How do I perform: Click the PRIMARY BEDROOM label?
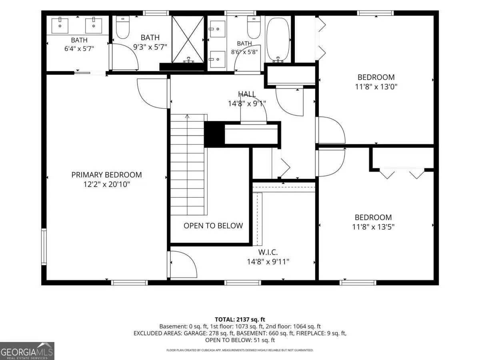pyautogui.click(x=106, y=175)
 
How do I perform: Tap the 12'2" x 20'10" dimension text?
pyautogui.click(x=106, y=184)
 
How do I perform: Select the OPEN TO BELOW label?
pyautogui.click(x=213, y=226)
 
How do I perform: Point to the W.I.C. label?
pyautogui.click(x=268, y=252)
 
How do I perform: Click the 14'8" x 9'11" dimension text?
pyautogui.click(x=268, y=262)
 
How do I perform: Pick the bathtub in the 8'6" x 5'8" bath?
pyautogui.click(x=278, y=40)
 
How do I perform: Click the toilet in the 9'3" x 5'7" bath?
pyautogui.click(x=123, y=28)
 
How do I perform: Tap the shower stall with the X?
pyautogui.click(x=188, y=39)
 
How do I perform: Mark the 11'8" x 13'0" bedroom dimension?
pyautogui.click(x=376, y=87)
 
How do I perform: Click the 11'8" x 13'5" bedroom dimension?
pyautogui.click(x=373, y=227)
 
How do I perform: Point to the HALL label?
pyautogui.click(x=247, y=94)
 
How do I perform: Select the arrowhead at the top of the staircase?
pyautogui.click(x=187, y=116)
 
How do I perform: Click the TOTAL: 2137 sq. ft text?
pyautogui.click(x=240, y=320)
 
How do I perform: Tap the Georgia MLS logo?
pyautogui.click(x=27, y=351)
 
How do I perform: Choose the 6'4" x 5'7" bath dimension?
pyautogui.click(x=79, y=48)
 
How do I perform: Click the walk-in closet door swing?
pyautogui.click(x=183, y=264)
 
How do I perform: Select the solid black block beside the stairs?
pyautogui.click(x=214, y=134)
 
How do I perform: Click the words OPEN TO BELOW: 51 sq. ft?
pyautogui.click(x=240, y=340)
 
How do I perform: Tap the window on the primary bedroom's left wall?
pyautogui.click(x=44, y=247)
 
